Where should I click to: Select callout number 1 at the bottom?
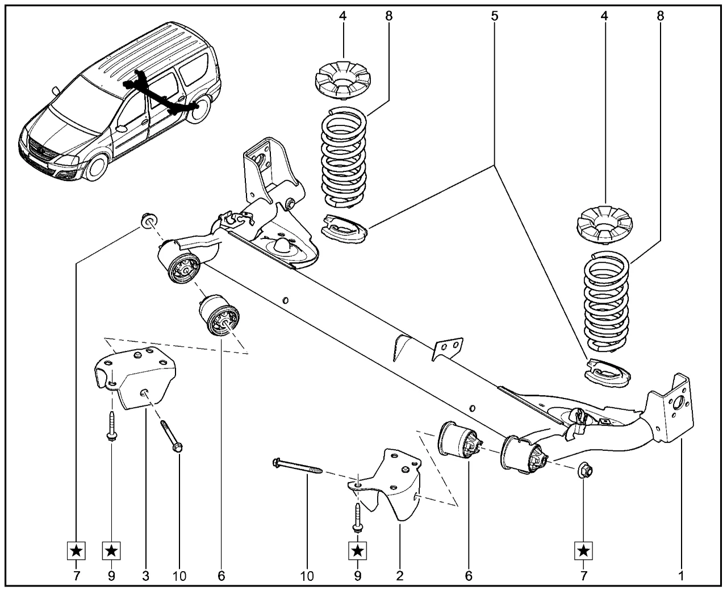[x=681, y=576]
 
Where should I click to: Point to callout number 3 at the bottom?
[x=145, y=576]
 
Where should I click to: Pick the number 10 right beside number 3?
[x=179, y=576]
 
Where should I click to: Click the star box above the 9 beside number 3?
[x=111, y=550]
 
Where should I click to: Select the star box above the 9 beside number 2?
[x=358, y=550]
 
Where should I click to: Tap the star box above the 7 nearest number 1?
[x=583, y=550]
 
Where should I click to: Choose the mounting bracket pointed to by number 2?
[x=392, y=483]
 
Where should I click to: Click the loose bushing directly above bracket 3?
[x=220, y=315]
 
